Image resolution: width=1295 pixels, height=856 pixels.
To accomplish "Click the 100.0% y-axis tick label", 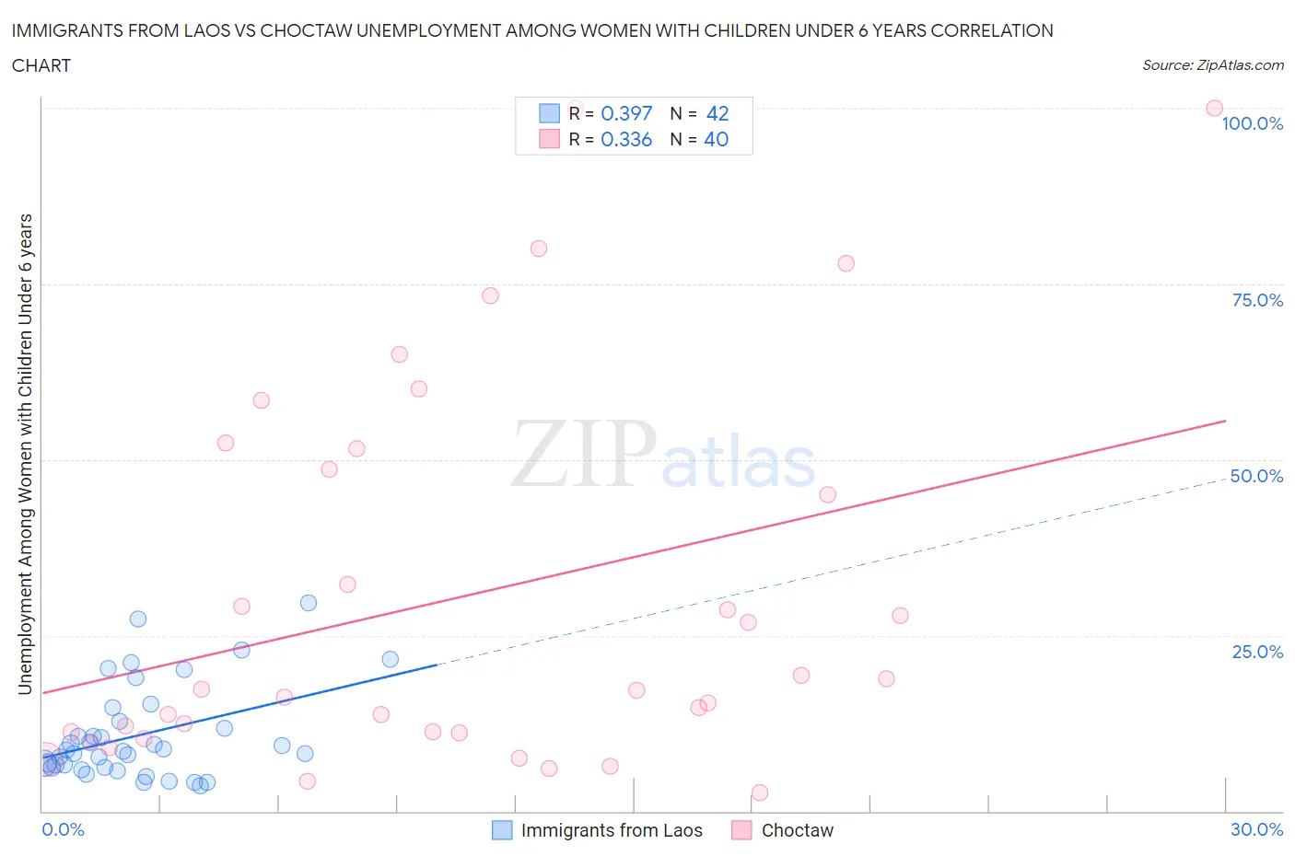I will (1252, 124).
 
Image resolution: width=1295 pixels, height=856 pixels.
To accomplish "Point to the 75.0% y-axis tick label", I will (1257, 300).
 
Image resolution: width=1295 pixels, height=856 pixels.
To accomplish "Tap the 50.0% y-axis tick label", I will (1256, 476).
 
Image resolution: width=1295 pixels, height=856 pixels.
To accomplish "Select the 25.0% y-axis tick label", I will (1257, 652).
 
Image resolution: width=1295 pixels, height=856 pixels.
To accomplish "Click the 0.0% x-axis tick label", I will (63, 829).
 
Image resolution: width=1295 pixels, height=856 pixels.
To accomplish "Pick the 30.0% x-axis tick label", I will (1256, 829).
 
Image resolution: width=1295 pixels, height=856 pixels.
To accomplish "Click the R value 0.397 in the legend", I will (626, 113).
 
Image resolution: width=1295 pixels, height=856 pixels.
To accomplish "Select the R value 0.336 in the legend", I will (626, 139).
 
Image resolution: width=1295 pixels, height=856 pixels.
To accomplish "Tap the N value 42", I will (717, 113).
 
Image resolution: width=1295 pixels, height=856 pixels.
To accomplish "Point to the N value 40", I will (716, 139).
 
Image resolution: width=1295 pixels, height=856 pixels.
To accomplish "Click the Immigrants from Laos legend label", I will (612, 830).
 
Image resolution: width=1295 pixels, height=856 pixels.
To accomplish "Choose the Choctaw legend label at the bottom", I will (797, 830).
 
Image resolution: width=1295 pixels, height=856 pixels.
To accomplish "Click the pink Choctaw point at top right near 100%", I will (1214, 109).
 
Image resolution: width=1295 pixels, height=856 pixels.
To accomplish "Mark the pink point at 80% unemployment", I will (539, 249).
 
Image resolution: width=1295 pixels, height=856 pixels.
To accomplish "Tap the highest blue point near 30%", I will (309, 603).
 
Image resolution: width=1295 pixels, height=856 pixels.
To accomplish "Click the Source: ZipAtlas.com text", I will (1212, 65).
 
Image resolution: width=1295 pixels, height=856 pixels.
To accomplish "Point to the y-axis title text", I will (25, 454).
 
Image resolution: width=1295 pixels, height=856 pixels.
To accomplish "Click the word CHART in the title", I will (41, 65).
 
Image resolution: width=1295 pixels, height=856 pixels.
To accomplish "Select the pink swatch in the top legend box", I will (549, 139).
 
